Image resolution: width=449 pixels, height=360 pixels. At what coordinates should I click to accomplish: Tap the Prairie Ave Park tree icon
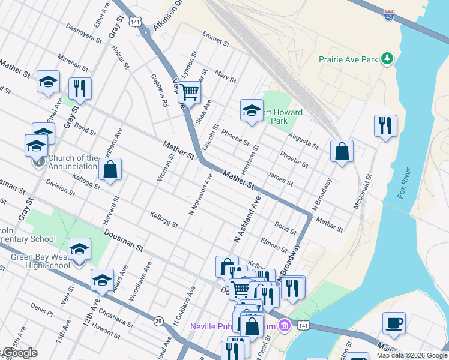click(x=388, y=58)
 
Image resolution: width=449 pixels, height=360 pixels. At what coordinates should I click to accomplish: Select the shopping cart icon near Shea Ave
click(x=189, y=93)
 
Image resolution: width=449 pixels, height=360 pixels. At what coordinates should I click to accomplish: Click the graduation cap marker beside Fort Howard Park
click(x=252, y=110)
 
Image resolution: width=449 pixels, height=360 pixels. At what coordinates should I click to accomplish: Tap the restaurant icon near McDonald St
click(x=385, y=126)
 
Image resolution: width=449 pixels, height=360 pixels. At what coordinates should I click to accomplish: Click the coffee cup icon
click(x=394, y=323)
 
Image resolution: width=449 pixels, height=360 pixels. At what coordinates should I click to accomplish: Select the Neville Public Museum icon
click(x=285, y=325)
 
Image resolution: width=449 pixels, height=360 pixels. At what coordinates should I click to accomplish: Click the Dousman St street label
click(x=123, y=239)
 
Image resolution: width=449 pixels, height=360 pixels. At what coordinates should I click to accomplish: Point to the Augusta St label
click(x=303, y=142)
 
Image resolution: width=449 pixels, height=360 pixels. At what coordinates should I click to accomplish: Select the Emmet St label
click(x=215, y=40)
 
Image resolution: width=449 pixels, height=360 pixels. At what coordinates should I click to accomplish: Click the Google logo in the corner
click(x=19, y=353)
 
